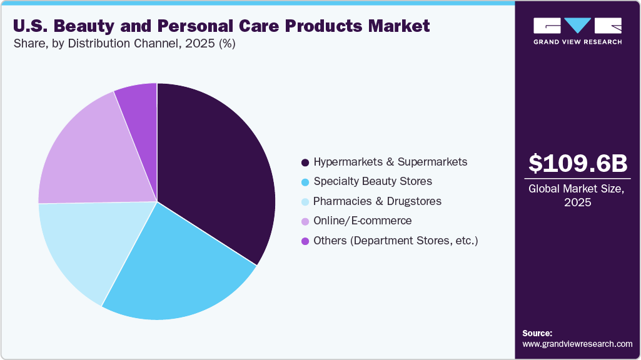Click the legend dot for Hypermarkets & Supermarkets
(305, 162)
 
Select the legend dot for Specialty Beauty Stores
(305, 182)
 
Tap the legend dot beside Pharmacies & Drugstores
(305, 202)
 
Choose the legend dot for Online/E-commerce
(305, 221)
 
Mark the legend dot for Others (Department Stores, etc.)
(305, 241)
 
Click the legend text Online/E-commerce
(363, 221)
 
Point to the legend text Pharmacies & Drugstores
(377, 201)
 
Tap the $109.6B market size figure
(577, 164)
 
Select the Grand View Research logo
(577, 31)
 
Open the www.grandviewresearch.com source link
(577, 344)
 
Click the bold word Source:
(537, 333)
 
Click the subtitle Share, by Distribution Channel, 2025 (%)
(124, 44)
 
